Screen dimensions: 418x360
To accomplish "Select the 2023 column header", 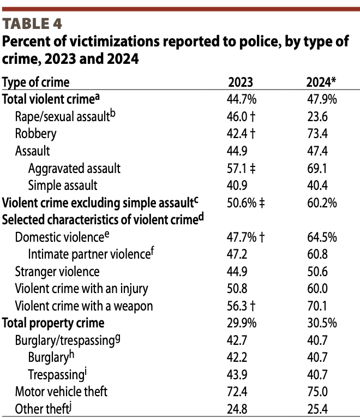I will pos(240,82).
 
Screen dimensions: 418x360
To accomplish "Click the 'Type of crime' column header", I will pos(36,82).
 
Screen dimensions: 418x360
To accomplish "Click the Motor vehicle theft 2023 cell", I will pos(237,391).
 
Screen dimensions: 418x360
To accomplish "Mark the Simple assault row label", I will pos(63,185).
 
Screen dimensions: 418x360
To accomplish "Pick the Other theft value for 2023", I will pos(237,408).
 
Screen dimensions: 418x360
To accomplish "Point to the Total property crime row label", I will pos(53,323).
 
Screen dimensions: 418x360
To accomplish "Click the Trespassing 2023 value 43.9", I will pos(237,374).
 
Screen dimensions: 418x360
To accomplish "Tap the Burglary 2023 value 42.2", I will pos(237,357).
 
